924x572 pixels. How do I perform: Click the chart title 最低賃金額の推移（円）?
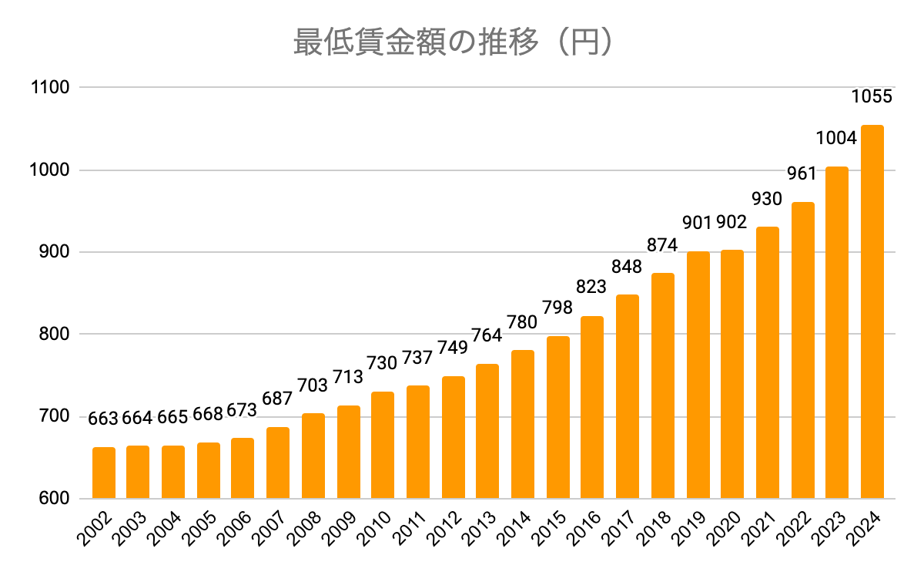point(454,42)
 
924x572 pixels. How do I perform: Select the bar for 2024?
point(872,312)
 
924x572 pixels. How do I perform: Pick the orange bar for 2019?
point(698,375)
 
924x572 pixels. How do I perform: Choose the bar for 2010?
point(383,446)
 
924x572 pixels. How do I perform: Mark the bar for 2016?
point(592,408)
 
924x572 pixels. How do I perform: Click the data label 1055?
point(872,96)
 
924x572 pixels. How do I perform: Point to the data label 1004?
point(836,139)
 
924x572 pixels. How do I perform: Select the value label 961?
point(802,172)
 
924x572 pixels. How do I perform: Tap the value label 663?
point(103,419)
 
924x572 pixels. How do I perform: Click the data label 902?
point(731,223)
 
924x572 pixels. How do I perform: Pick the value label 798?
point(557,308)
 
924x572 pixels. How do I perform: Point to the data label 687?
point(277,399)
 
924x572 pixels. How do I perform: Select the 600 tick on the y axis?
point(55,499)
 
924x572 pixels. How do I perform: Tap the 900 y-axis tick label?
point(55,252)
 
